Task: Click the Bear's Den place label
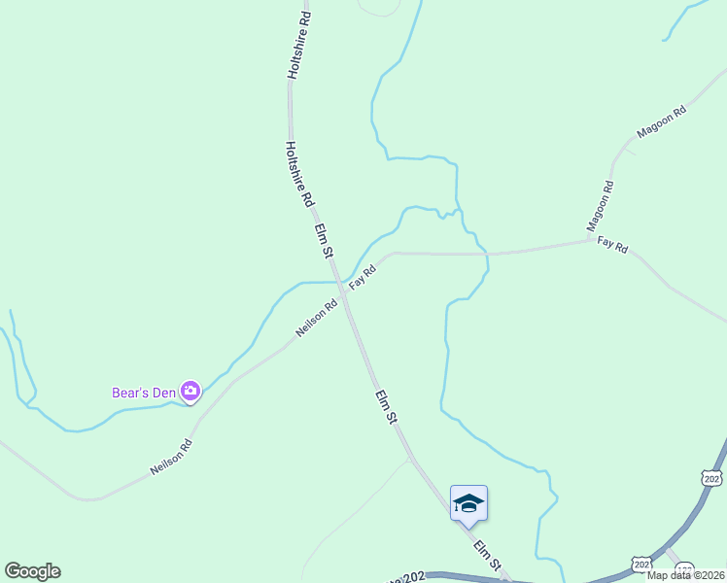[x=143, y=393]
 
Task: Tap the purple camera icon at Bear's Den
[x=190, y=392]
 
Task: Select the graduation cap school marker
[x=468, y=503]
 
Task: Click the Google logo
[x=32, y=571]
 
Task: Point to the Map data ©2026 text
[x=686, y=575]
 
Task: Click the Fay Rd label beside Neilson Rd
[x=363, y=276]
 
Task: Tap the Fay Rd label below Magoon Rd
[x=612, y=245]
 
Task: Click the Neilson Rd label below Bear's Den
[x=171, y=457]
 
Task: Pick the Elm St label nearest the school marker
[x=487, y=556]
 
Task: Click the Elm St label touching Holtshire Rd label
[x=324, y=241]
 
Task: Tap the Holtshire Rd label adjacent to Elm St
[x=298, y=174]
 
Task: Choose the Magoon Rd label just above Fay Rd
[x=601, y=206]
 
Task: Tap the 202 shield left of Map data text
[x=640, y=564]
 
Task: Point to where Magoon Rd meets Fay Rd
[x=592, y=239]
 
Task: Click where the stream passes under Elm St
[x=339, y=280]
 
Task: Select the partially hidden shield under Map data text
[x=685, y=566]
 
